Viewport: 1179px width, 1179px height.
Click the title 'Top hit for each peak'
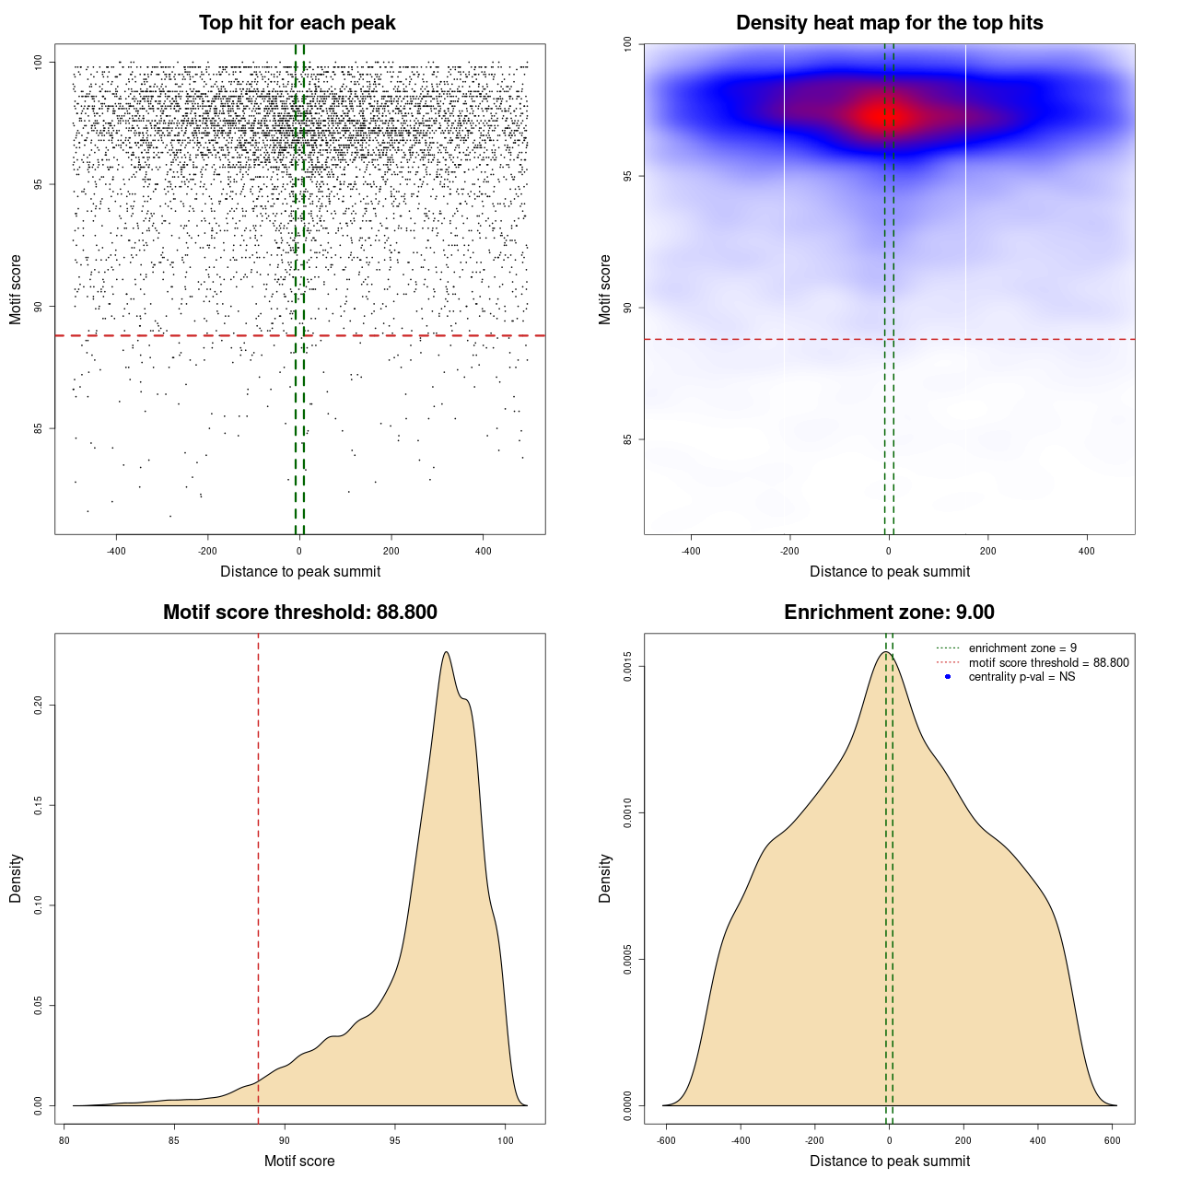tap(298, 23)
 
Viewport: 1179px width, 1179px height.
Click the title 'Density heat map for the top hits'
tap(889, 23)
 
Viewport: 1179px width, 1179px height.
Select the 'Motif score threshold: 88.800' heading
tap(299, 613)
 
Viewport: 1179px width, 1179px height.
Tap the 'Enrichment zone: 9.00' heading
tap(889, 613)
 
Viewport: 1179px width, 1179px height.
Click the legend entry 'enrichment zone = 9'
tap(1022, 648)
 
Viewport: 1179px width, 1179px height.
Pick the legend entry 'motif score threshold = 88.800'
tap(1048, 662)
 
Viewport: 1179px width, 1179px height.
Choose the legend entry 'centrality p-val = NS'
tap(1021, 677)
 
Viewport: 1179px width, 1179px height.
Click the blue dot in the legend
tap(948, 677)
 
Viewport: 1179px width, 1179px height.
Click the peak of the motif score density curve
tap(446, 652)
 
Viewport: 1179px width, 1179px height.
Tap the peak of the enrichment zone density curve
tap(885, 652)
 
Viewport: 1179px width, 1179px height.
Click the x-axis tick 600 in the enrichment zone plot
tap(1112, 1140)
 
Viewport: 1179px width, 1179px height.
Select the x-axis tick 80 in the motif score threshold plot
tap(64, 1140)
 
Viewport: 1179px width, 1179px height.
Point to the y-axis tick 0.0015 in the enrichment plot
tap(628, 666)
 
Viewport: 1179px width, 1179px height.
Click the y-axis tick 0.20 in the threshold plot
tap(39, 706)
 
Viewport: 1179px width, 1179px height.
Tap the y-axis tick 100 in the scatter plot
tap(39, 63)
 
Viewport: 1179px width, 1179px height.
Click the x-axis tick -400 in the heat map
tap(691, 551)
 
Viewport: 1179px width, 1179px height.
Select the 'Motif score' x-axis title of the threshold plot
tap(299, 1161)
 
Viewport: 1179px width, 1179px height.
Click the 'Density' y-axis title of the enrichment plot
tap(605, 878)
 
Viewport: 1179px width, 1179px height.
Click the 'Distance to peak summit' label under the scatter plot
tap(300, 571)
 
